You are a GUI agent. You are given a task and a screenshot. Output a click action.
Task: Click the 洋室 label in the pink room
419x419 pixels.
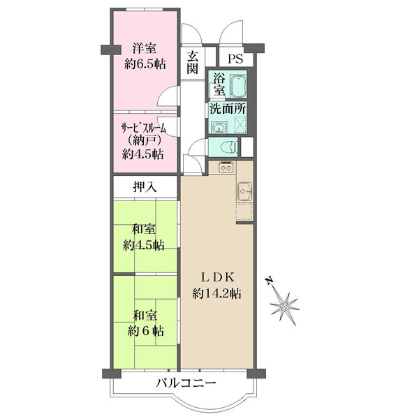tap(145, 49)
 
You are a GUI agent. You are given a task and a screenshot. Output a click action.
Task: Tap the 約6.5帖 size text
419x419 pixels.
tap(145, 64)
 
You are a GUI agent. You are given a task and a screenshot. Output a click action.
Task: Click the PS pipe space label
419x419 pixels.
tap(235, 59)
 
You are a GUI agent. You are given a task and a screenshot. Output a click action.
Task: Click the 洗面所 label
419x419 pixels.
tap(228, 108)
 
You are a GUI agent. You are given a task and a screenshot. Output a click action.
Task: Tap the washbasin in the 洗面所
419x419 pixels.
tap(219, 127)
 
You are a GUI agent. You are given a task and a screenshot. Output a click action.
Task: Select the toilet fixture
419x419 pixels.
tap(230, 147)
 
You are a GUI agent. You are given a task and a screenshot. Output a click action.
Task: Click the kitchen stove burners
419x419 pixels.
tap(226, 168)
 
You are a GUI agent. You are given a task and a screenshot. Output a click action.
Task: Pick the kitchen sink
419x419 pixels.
tap(244, 191)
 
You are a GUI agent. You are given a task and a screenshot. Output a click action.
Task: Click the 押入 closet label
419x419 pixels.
tap(145, 187)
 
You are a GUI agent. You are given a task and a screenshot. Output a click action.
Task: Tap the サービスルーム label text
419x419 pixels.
tap(144, 128)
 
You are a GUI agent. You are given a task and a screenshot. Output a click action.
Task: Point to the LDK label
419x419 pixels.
tap(217, 278)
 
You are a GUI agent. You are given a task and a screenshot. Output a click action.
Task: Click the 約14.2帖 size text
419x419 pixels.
tap(216, 294)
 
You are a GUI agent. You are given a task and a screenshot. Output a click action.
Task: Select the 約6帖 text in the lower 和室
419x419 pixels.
tap(146, 332)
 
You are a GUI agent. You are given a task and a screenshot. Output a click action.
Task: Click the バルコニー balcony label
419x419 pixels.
tap(186, 383)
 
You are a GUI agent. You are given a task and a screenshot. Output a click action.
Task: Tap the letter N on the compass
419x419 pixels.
tap(269, 280)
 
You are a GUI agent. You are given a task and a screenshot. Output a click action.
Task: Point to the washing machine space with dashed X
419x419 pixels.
tap(240, 125)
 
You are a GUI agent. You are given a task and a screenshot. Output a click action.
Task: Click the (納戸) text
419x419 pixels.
tap(143, 140)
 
